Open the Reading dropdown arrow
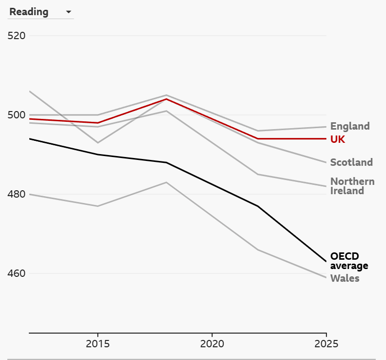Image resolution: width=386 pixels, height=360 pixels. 69,12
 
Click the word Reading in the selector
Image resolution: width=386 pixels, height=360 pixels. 29,12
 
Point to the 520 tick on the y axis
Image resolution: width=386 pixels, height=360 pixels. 17,36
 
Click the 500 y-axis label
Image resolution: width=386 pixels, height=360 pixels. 17,115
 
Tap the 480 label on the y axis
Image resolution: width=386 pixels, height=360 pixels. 17,194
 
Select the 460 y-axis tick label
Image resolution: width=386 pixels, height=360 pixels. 17,273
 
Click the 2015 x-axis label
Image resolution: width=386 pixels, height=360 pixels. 98,344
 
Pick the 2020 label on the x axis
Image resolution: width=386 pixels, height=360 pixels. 212,344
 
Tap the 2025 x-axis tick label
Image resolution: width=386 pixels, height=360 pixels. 326,344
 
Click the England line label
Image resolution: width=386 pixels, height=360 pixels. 350,126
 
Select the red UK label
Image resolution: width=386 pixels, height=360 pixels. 338,139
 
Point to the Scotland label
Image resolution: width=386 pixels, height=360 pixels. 351,162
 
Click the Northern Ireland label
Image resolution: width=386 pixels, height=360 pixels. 352,186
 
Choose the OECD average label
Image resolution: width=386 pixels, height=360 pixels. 349,261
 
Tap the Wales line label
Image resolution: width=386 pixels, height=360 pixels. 344,278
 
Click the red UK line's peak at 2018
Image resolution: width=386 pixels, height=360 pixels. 167,99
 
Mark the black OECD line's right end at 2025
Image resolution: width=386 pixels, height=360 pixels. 326,261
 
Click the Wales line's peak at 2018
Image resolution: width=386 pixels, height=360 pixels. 167,182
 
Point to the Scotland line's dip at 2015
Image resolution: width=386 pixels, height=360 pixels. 98,143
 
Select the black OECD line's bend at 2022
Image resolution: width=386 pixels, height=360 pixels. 258,206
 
